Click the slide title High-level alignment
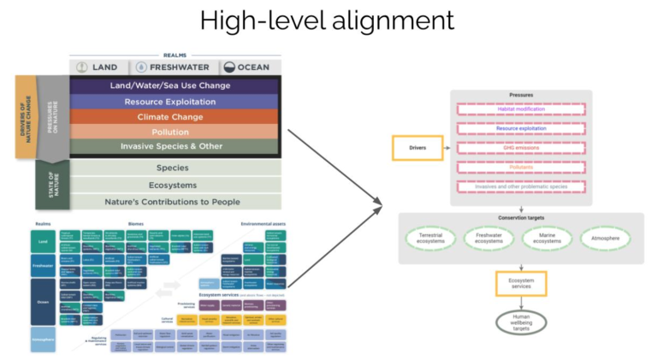328,21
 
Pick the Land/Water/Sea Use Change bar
175,86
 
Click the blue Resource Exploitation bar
175,101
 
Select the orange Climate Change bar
175,116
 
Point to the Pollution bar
175,132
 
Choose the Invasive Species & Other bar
175,146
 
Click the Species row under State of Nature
175,168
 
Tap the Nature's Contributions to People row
175,202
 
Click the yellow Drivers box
417,148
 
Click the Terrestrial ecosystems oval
433,238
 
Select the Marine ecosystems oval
548,238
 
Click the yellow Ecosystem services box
520,283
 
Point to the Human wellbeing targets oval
520,324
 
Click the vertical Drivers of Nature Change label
25,116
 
